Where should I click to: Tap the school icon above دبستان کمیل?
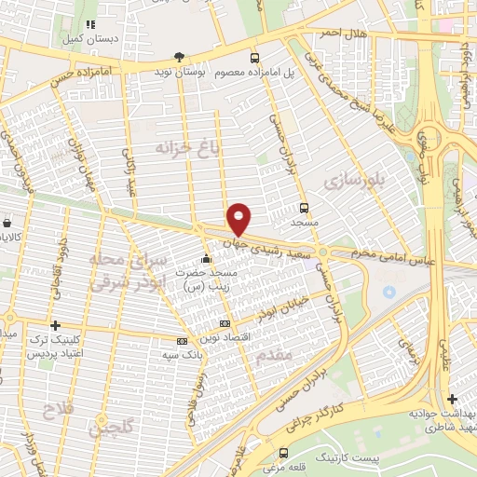pos(90,25)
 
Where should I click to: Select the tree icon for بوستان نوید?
pos(179,56)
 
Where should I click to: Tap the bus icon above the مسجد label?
pos(304,209)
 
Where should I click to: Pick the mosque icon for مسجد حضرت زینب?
pos(206,258)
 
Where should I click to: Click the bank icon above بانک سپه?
pos(183,341)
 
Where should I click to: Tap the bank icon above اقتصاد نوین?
pos(224,323)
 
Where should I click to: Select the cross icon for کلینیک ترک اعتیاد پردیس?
pos(57,326)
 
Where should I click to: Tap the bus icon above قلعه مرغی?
pos(283,453)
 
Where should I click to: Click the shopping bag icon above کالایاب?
pos(7,224)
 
